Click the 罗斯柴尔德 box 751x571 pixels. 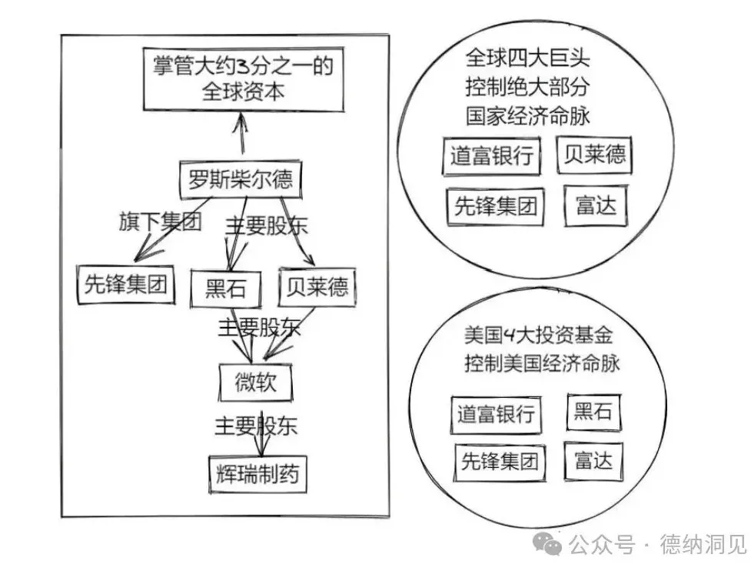tap(240, 180)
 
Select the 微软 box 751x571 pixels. tap(255, 382)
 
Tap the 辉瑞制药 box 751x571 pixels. tap(258, 475)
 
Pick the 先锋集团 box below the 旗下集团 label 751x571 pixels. tap(126, 285)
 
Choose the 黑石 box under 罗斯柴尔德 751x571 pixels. tap(225, 289)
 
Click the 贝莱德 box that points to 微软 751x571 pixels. tap(316, 287)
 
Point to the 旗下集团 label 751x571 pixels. tap(159, 223)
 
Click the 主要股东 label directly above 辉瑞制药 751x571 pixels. tap(256, 425)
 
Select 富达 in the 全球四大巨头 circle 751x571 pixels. tap(595, 205)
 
